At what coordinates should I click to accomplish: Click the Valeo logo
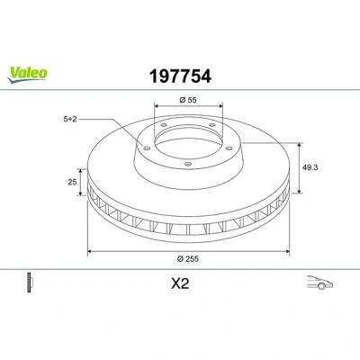coord(28,75)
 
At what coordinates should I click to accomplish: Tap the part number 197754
coord(180,76)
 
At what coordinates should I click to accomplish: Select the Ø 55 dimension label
coord(188,100)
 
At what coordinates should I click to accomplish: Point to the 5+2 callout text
coord(70,119)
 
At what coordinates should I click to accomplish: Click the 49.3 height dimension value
coord(310,167)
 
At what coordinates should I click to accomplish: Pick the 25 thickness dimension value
coord(72,182)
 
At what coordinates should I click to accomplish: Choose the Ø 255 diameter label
coord(188,258)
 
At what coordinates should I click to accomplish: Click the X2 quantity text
coord(180,283)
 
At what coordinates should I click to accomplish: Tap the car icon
coord(319,283)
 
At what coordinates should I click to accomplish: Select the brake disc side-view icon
coord(30,283)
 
